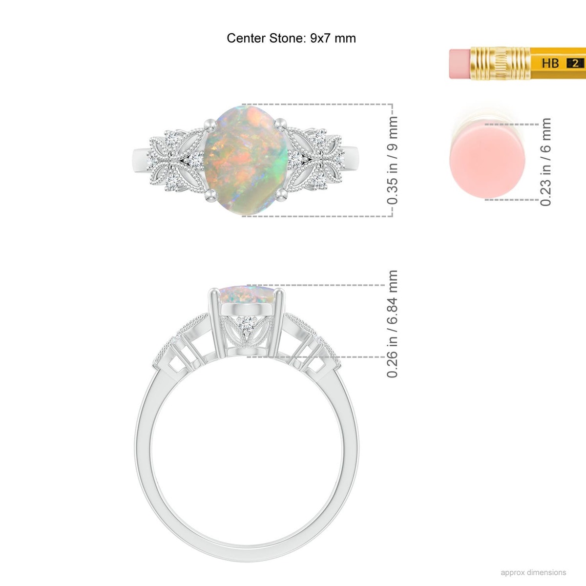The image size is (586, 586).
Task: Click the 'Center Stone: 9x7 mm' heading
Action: coord(291,38)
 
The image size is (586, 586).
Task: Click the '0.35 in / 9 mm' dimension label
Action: coord(392,160)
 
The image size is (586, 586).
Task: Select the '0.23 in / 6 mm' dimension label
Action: coord(545,162)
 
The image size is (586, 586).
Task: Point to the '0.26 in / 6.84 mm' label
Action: coord(392,324)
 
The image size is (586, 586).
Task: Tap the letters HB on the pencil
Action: coord(550,63)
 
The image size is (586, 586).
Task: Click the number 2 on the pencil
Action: coord(575,63)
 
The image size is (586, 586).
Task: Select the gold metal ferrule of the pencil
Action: coord(500,63)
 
